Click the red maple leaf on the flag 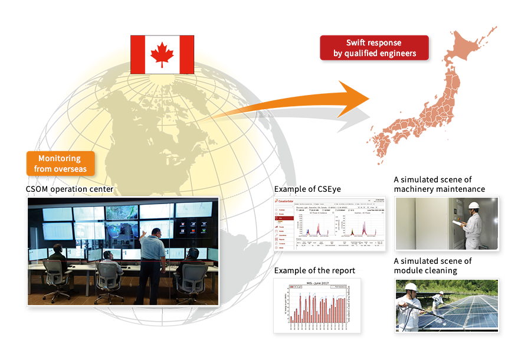click(162, 54)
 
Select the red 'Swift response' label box click(374, 48)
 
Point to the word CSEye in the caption click(327, 189)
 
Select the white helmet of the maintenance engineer click(473, 205)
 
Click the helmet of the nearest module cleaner click(411, 287)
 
